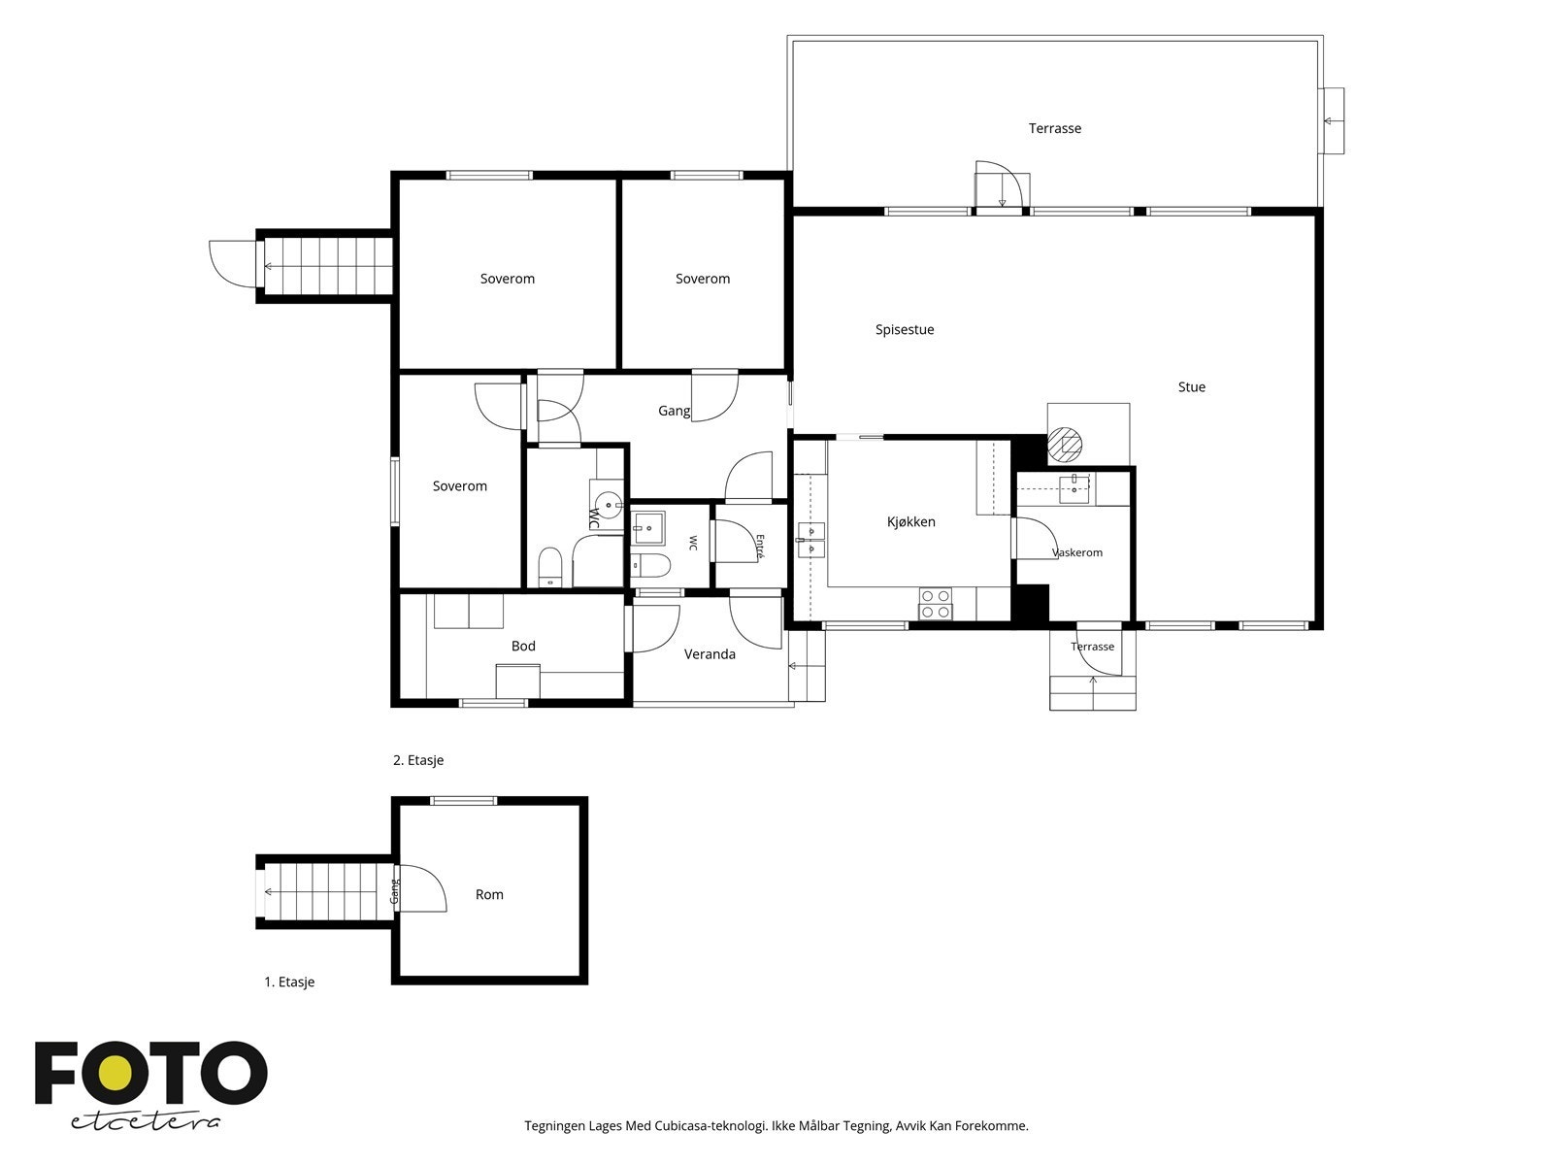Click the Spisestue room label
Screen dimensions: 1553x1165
click(x=905, y=330)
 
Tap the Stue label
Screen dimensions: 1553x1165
click(x=1192, y=387)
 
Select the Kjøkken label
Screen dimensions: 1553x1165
click(x=911, y=522)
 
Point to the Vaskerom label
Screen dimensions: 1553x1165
click(x=1076, y=552)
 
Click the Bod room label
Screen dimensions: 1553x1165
click(x=523, y=646)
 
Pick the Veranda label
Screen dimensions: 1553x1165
click(x=710, y=654)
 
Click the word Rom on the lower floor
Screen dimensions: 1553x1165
click(x=489, y=895)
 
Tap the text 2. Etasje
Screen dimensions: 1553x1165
click(x=418, y=760)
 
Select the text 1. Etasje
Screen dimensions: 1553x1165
click(x=289, y=982)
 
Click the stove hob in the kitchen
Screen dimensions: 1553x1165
click(x=936, y=604)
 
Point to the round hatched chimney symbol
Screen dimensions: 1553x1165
click(x=1065, y=445)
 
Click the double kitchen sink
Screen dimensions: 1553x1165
click(x=810, y=539)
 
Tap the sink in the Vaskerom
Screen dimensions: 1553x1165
click(x=1074, y=488)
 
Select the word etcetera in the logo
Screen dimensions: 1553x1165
click(x=145, y=1122)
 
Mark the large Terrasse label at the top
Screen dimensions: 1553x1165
click(x=1055, y=128)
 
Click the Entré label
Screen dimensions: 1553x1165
click(x=760, y=547)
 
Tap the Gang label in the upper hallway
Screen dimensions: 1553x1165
click(x=674, y=411)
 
